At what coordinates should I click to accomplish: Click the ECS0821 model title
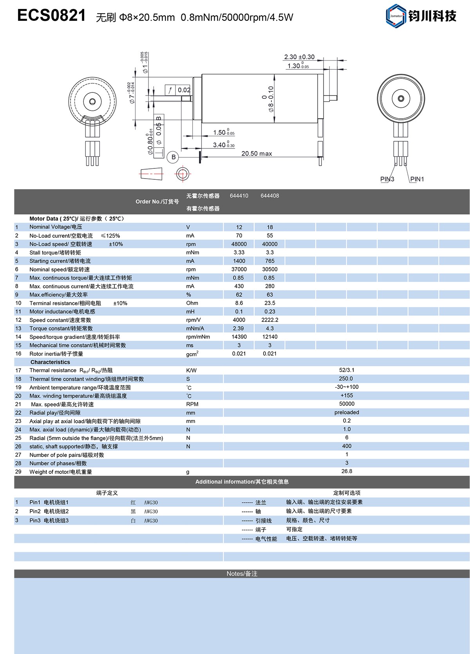click(51, 16)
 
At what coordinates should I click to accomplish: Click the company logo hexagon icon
click(396, 16)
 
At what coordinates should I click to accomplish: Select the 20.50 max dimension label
click(257, 154)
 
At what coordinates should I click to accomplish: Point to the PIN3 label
click(387, 179)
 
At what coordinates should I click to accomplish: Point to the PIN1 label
click(417, 179)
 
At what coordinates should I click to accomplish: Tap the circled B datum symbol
click(173, 157)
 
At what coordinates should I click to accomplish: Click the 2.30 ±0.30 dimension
click(299, 57)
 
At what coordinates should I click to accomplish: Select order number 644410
click(239, 196)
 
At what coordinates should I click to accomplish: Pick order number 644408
click(270, 196)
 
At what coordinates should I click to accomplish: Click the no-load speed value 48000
click(239, 244)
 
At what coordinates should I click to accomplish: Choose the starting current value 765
click(270, 261)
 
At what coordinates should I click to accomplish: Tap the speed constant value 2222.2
click(270, 320)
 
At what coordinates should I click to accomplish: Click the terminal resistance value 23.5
click(270, 303)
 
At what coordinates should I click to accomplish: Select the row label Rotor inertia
click(56, 354)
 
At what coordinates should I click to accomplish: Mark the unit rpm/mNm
click(198, 337)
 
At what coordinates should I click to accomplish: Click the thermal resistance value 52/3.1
click(347, 370)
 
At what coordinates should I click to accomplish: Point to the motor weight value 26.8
click(347, 471)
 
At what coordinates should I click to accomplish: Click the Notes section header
click(242, 574)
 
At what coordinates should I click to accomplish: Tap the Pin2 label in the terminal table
click(35, 511)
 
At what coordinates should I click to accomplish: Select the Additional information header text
click(242, 482)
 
